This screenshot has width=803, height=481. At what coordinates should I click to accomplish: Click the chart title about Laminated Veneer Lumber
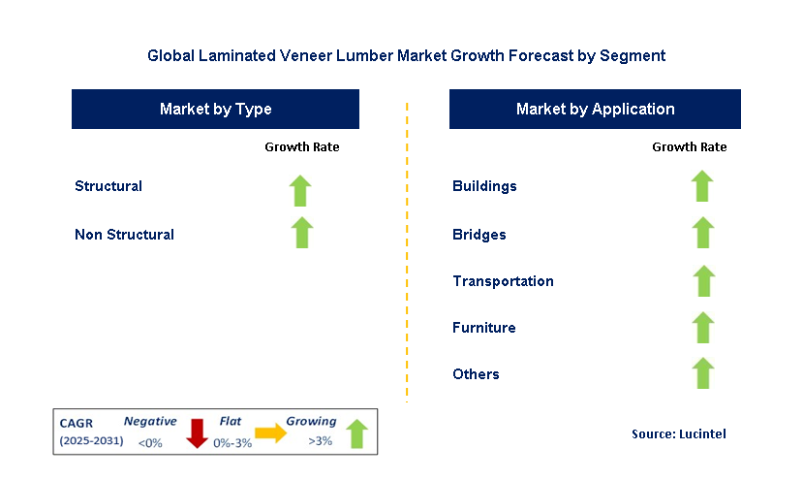click(406, 55)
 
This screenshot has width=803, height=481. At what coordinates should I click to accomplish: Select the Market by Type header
click(215, 109)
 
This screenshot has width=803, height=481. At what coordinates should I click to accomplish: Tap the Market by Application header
click(595, 109)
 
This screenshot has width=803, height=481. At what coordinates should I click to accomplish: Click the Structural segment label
click(108, 186)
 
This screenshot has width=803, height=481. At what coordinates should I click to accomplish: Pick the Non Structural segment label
click(124, 235)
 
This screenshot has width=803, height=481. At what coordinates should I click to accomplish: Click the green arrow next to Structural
click(301, 190)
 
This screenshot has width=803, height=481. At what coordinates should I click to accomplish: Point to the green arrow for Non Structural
click(301, 233)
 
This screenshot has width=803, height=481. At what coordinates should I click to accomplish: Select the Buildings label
click(484, 186)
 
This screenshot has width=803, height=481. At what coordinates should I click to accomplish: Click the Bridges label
click(479, 235)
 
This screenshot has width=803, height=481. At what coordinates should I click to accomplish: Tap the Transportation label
click(503, 281)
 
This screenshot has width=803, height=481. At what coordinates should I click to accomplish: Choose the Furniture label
click(483, 328)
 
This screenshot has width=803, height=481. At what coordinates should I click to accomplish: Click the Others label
click(476, 374)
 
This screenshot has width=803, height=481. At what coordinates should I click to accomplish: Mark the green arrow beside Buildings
click(702, 185)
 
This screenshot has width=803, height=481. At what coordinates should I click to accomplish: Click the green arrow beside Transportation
click(703, 280)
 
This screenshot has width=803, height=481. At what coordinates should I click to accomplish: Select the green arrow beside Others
click(703, 373)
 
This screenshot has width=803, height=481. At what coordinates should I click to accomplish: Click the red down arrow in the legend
click(198, 432)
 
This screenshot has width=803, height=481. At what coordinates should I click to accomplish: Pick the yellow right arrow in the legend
click(271, 433)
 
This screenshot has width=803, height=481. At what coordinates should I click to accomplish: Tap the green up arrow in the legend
click(356, 433)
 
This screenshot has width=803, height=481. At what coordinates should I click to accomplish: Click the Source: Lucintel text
click(677, 433)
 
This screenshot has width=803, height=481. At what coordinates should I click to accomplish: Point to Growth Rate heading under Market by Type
click(301, 147)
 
